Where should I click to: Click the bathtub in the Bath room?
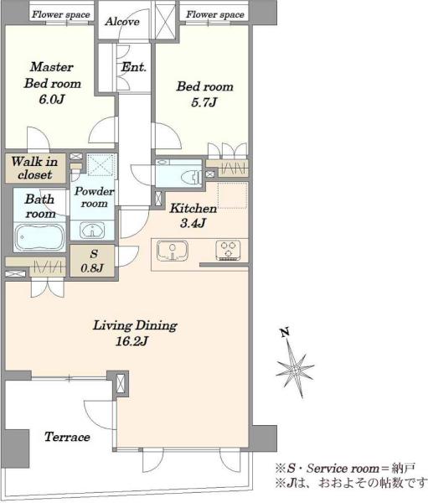tap(39, 236)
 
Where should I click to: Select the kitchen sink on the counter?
tap(173, 251)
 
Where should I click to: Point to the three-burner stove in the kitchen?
tap(229, 250)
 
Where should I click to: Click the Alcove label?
tap(122, 22)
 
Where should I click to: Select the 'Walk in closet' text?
tap(34, 168)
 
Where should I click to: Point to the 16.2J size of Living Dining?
tap(131, 341)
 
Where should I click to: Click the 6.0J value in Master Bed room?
tap(52, 100)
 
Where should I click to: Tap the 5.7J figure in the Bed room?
tap(204, 102)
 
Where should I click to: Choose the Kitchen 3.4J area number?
tap(193, 223)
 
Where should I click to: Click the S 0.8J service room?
tap(92, 261)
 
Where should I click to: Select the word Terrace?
tap(67, 437)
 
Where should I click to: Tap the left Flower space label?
tap(61, 14)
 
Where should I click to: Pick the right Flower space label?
tap(215, 14)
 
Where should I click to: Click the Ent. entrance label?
tap(134, 67)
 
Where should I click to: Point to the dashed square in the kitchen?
tap(233, 195)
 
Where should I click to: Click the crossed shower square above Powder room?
tap(101, 165)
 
